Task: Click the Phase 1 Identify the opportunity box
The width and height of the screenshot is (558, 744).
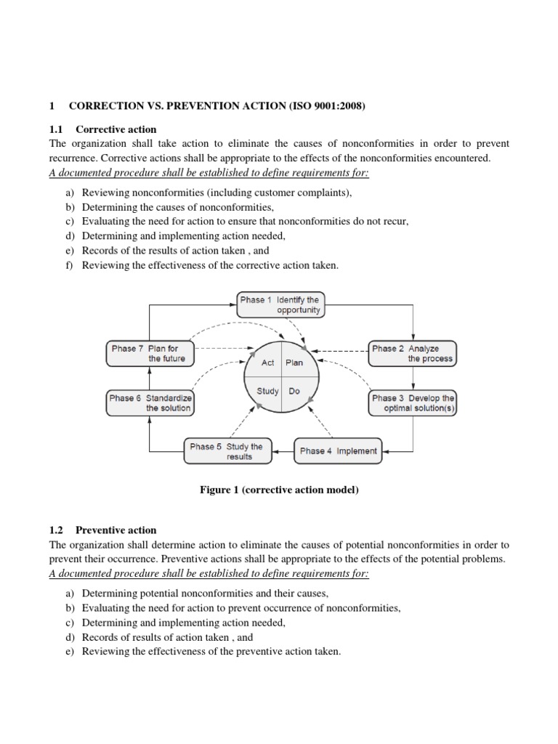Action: pos(280,304)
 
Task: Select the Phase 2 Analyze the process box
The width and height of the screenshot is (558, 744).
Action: pos(413,353)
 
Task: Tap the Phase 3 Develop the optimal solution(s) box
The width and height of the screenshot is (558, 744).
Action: pos(413,403)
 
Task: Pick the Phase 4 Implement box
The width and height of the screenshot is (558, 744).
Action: pos(338,450)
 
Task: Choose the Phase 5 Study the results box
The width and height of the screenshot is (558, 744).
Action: pos(226,451)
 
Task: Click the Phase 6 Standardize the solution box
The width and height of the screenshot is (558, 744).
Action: pos(150,403)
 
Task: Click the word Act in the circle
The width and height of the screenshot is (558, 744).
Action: pos(267,363)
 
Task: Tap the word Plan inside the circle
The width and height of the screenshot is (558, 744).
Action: pos(294,363)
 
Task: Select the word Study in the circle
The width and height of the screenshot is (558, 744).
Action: pos(267,391)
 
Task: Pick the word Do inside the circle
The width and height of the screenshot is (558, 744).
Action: pos(294,391)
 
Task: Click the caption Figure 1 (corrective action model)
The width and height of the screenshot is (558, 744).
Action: pos(279,490)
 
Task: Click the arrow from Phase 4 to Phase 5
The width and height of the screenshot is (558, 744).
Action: pos(283,451)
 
